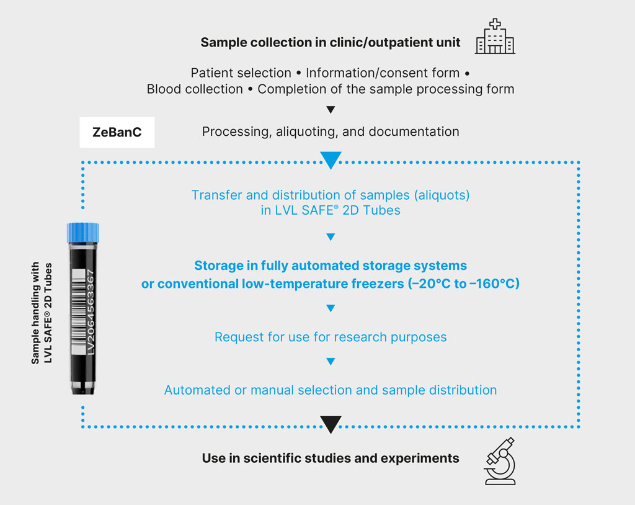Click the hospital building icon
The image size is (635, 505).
[495, 37]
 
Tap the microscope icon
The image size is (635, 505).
[500, 459]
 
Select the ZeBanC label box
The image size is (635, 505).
[117, 132]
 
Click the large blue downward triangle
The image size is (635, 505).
[331, 161]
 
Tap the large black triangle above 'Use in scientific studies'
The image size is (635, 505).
[331, 424]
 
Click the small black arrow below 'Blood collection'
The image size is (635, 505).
[331, 110]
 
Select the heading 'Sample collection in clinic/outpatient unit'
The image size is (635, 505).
[331, 43]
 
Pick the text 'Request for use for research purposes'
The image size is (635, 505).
[331, 337]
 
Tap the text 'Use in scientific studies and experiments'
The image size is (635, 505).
[331, 458]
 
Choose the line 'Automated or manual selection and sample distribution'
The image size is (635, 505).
[331, 390]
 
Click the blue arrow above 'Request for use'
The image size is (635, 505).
[331, 308]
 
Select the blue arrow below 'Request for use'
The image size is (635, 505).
[331, 362]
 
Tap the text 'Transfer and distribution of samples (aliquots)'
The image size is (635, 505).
[331, 195]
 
